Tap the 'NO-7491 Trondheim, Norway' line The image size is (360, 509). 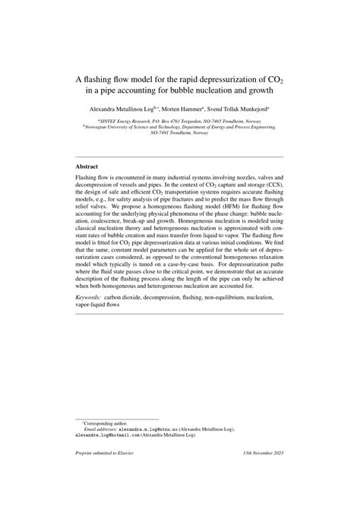[180, 133]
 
